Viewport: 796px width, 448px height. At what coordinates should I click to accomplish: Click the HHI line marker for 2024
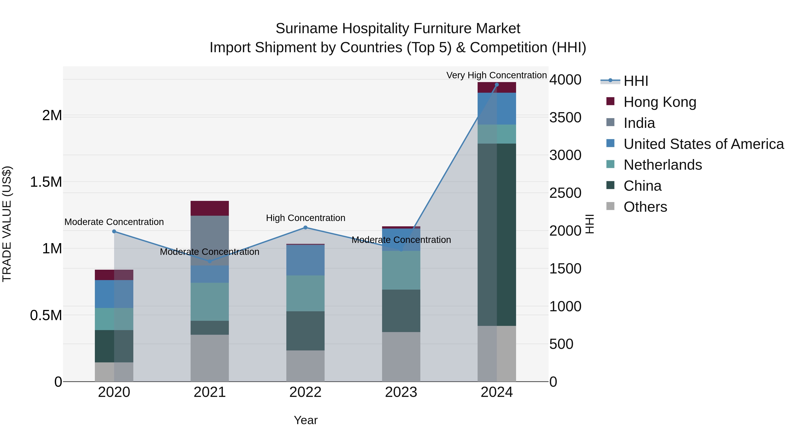pyautogui.click(x=497, y=85)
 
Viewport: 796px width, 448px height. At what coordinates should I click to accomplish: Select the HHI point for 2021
pyautogui.click(x=210, y=261)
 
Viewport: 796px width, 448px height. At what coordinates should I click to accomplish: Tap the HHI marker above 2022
pyautogui.click(x=305, y=228)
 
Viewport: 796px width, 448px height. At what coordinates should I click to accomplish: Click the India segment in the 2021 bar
pyautogui.click(x=210, y=240)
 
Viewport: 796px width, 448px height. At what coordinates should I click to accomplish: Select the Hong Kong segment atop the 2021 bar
pyautogui.click(x=210, y=208)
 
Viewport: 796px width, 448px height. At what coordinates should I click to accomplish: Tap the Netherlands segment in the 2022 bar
pyautogui.click(x=305, y=293)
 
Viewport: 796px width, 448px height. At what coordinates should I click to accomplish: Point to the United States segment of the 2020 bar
pyautogui.click(x=114, y=294)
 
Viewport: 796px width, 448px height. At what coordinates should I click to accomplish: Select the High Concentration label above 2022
pyautogui.click(x=305, y=218)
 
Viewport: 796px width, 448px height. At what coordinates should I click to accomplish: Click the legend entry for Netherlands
pyautogui.click(x=662, y=165)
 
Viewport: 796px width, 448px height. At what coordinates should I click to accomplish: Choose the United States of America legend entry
pyautogui.click(x=703, y=144)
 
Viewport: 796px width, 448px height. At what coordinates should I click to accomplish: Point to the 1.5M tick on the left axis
pyautogui.click(x=46, y=182)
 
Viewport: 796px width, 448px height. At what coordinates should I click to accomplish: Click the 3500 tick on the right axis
pyautogui.click(x=565, y=117)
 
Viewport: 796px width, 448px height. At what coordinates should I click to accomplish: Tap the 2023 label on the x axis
pyautogui.click(x=401, y=392)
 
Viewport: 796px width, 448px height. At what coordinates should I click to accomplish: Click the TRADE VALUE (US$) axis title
pyautogui.click(x=7, y=224)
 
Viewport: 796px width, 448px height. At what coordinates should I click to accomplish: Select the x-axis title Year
pyautogui.click(x=305, y=420)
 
